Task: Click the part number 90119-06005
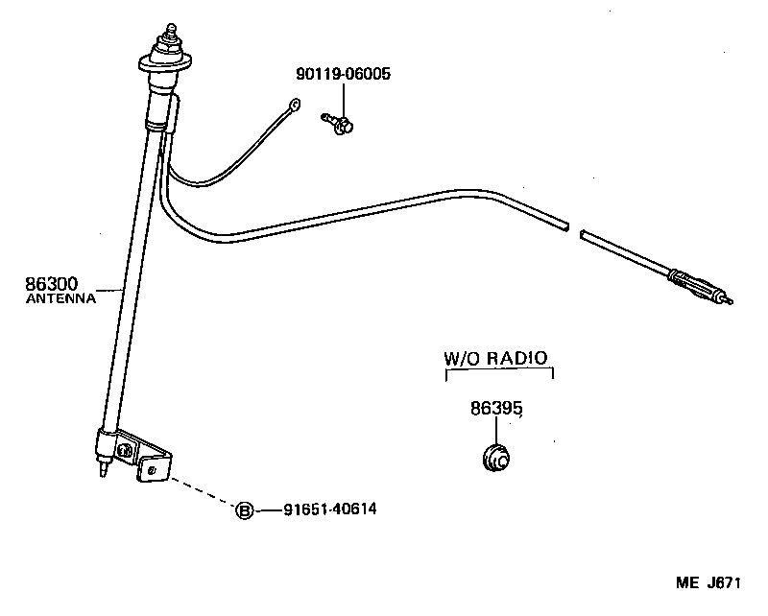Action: tap(343, 73)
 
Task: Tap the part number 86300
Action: tap(52, 284)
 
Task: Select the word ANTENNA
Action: tap(60, 298)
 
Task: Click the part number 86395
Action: tap(496, 408)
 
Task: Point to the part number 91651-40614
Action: tap(329, 509)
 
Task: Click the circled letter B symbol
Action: tap(244, 510)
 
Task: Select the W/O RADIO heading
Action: tap(495, 358)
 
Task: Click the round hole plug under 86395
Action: tap(497, 458)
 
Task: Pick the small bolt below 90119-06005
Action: tap(338, 122)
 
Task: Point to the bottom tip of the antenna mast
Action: tap(102, 477)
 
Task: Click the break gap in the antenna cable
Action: tap(576, 231)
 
